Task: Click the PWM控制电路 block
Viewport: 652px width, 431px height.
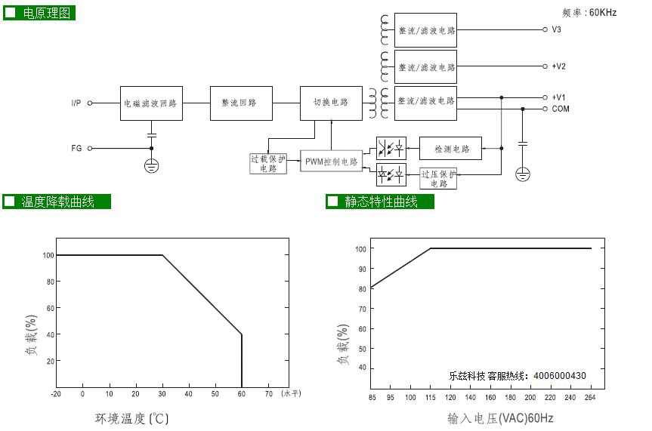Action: (x=332, y=162)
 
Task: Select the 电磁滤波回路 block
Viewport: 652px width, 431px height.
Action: (x=151, y=103)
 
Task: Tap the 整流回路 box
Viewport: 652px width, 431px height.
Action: (x=241, y=103)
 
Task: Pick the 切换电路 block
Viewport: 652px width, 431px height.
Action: (x=331, y=103)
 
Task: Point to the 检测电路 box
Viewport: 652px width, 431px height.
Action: (x=450, y=149)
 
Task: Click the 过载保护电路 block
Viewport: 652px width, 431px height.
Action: (x=268, y=163)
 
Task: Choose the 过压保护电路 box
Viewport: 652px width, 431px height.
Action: (x=438, y=179)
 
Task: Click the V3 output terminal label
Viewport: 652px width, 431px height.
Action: (x=556, y=29)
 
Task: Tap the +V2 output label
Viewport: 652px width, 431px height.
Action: (x=558, y=66)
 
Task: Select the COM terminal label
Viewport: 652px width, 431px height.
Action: (x=561, y=109)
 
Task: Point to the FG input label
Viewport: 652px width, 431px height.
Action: (x=76, y=149)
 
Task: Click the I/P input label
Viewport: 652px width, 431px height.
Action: (x=76, y=103)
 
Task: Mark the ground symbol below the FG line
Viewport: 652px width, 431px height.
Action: (x=151, y=166)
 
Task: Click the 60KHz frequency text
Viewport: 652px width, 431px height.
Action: (x=603, y=13)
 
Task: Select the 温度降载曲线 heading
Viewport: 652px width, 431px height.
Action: (x=57, y=202)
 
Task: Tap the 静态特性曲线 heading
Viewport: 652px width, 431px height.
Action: (x=381, y=202)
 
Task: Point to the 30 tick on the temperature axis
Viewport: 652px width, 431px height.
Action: (x=162, y=394)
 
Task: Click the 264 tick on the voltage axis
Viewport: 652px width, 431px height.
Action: (x=590, y=398)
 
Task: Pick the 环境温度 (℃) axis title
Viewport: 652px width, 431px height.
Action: (x=131, y=418)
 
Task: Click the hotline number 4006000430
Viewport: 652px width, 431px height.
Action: (x=560, y=376)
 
